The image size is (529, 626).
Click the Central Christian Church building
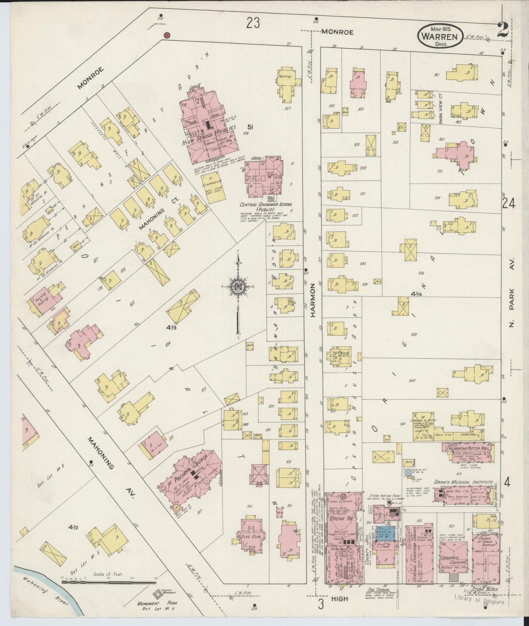tap(418, 556)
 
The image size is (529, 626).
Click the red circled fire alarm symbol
tap(166, 36)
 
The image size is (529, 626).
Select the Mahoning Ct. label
tap(153, 219)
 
